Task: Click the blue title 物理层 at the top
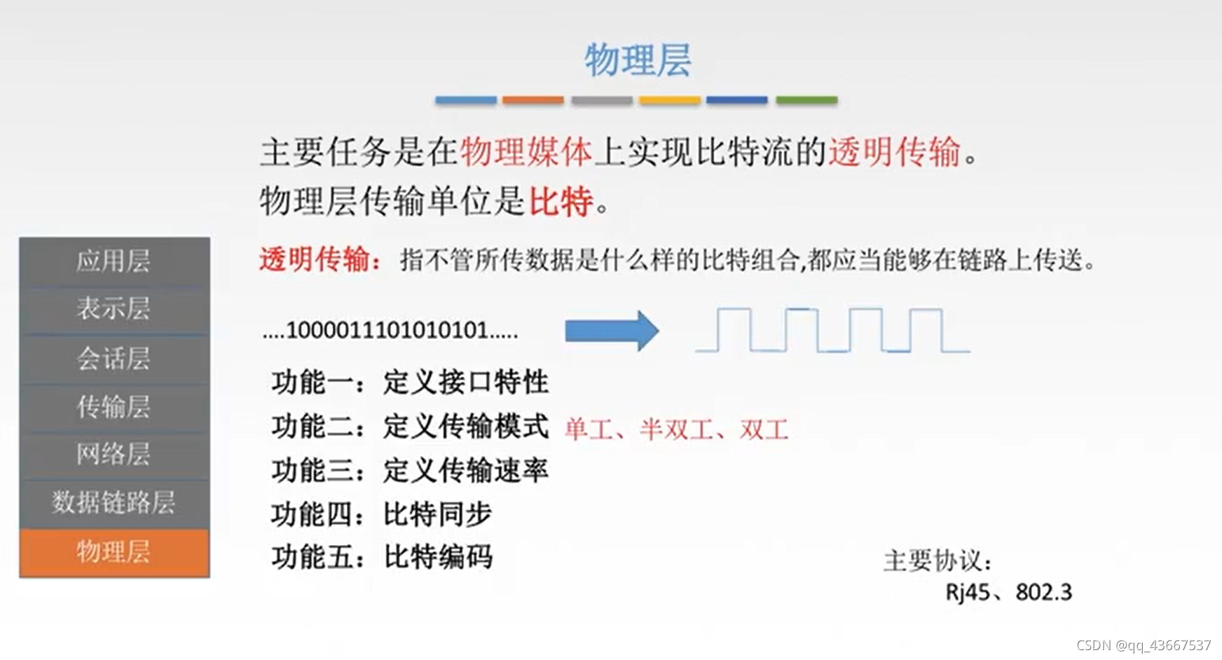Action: [638, 60]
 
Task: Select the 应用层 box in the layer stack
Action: [114, 261]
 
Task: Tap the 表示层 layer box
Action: [114, 309]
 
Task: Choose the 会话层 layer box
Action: [114, 359]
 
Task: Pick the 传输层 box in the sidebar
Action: [114, 407]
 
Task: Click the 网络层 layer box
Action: [114, 455]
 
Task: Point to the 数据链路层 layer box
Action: [114, 502]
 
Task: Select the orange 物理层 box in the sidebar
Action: [114, 552]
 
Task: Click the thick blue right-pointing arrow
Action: [611, 331]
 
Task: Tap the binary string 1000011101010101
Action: [390, 330]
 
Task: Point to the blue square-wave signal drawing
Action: [832, 329]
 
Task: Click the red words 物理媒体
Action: [526, 152]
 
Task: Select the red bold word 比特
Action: [561, 202]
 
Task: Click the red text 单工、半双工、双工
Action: [676, 429]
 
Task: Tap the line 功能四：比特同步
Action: [381, 514]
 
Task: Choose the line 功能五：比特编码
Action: [381, 558]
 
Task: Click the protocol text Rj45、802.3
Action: [1008, 593]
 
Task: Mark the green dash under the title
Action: [806, 100]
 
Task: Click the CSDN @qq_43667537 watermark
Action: [1144, 645]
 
